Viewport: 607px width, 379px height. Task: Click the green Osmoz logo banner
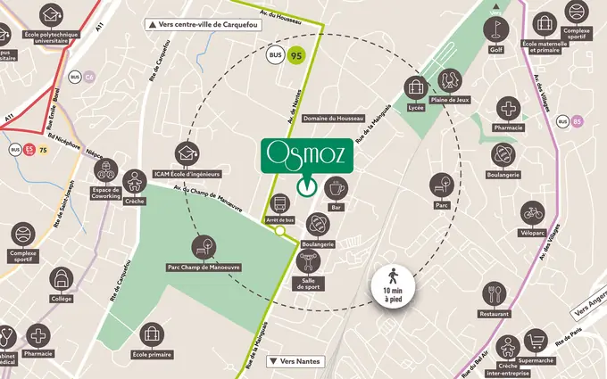[306, 153]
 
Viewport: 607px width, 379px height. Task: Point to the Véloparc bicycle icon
[533, 213]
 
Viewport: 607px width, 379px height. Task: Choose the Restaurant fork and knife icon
[494, 293]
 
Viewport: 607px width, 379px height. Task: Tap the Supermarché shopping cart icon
[536, 340]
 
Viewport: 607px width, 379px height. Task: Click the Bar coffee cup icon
[337, 188]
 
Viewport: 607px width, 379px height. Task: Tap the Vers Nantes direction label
[293, 361]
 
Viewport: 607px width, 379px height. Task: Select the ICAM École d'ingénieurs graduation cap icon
[187, 153]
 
